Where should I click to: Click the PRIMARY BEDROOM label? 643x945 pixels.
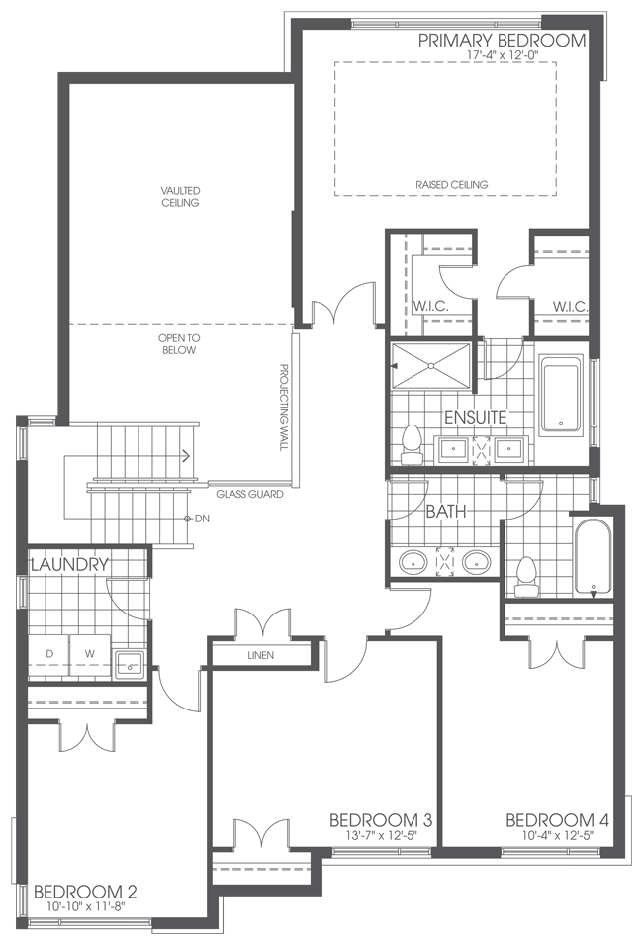(502, 41)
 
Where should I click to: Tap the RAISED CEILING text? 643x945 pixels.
(452, 185)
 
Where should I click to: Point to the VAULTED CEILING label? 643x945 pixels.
(180, 197)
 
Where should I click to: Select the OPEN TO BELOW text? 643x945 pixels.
(179, 343)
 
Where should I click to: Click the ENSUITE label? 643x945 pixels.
(475, 417)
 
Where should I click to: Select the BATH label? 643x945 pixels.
(445, 513)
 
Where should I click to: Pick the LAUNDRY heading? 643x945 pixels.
(68, 565)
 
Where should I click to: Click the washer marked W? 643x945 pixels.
(88, 654)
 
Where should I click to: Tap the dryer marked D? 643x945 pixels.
(48, 654)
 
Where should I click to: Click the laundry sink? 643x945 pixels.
(129, 662)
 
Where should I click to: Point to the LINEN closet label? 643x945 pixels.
(262, 656)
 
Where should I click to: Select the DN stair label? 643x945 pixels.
(202, 519)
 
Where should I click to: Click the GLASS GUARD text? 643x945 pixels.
(250, 493)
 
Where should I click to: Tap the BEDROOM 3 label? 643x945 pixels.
(380, 821)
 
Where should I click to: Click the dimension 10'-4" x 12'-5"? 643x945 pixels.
(556, 837)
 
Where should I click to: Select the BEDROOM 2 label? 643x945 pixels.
(84, 892)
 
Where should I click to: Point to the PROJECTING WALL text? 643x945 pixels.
(283, 407)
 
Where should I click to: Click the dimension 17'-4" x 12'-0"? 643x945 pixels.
(502, 56)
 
